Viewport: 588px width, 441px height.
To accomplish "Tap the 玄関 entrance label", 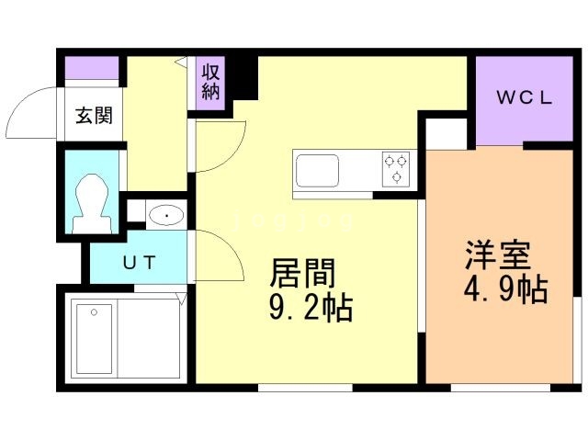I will pyautogui.click(x=94, y=116).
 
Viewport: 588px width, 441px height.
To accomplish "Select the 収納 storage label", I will pyautogui.click(x=211, y=81).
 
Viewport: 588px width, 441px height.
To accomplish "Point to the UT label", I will pyautogui.click(x=141, y=263).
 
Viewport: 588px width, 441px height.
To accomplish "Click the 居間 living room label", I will pyautogui.click(x=302, y=273).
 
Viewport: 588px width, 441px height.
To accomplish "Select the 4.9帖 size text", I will pyautogui.click(x=504, y=290).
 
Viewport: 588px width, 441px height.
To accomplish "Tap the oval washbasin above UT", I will pyautogui.click(x=166, y=216).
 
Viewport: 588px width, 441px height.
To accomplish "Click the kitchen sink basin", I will pyautogui.click(x=317, y=171).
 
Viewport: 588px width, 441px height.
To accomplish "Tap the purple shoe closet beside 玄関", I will pyautogui.click(x=91, y=68).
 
